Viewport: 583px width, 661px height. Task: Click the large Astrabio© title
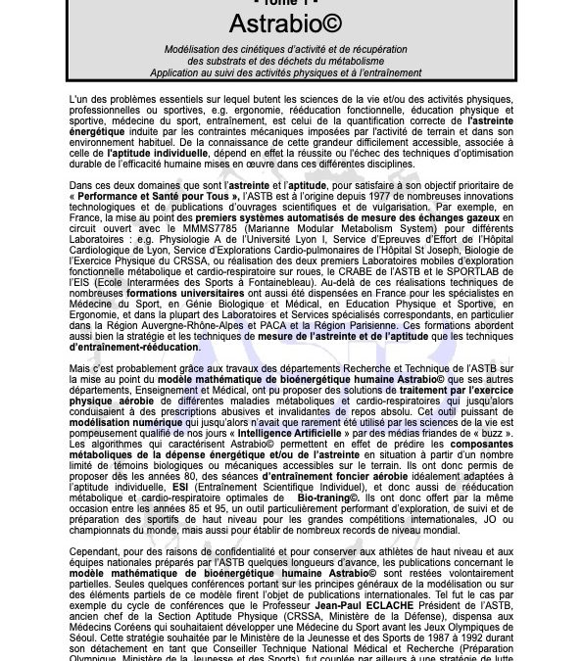tap(291, 24)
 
